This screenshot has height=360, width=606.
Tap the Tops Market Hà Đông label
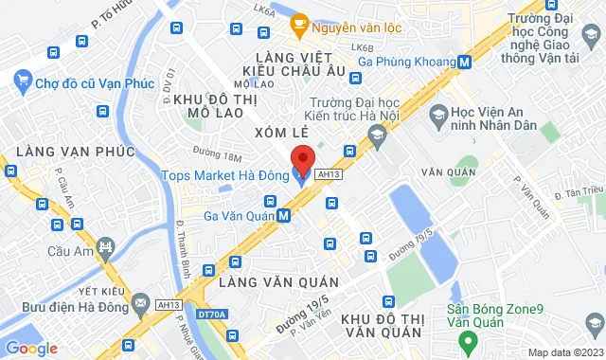tap(225, 174)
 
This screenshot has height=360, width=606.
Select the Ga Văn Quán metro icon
tap(284, 215)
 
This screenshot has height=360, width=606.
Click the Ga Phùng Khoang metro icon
tap(465, 62)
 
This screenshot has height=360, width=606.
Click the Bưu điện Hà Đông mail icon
tap(141, 302)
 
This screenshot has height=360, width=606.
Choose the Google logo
tap(32, 348)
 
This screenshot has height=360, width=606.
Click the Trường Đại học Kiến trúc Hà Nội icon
tap(377, 139)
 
